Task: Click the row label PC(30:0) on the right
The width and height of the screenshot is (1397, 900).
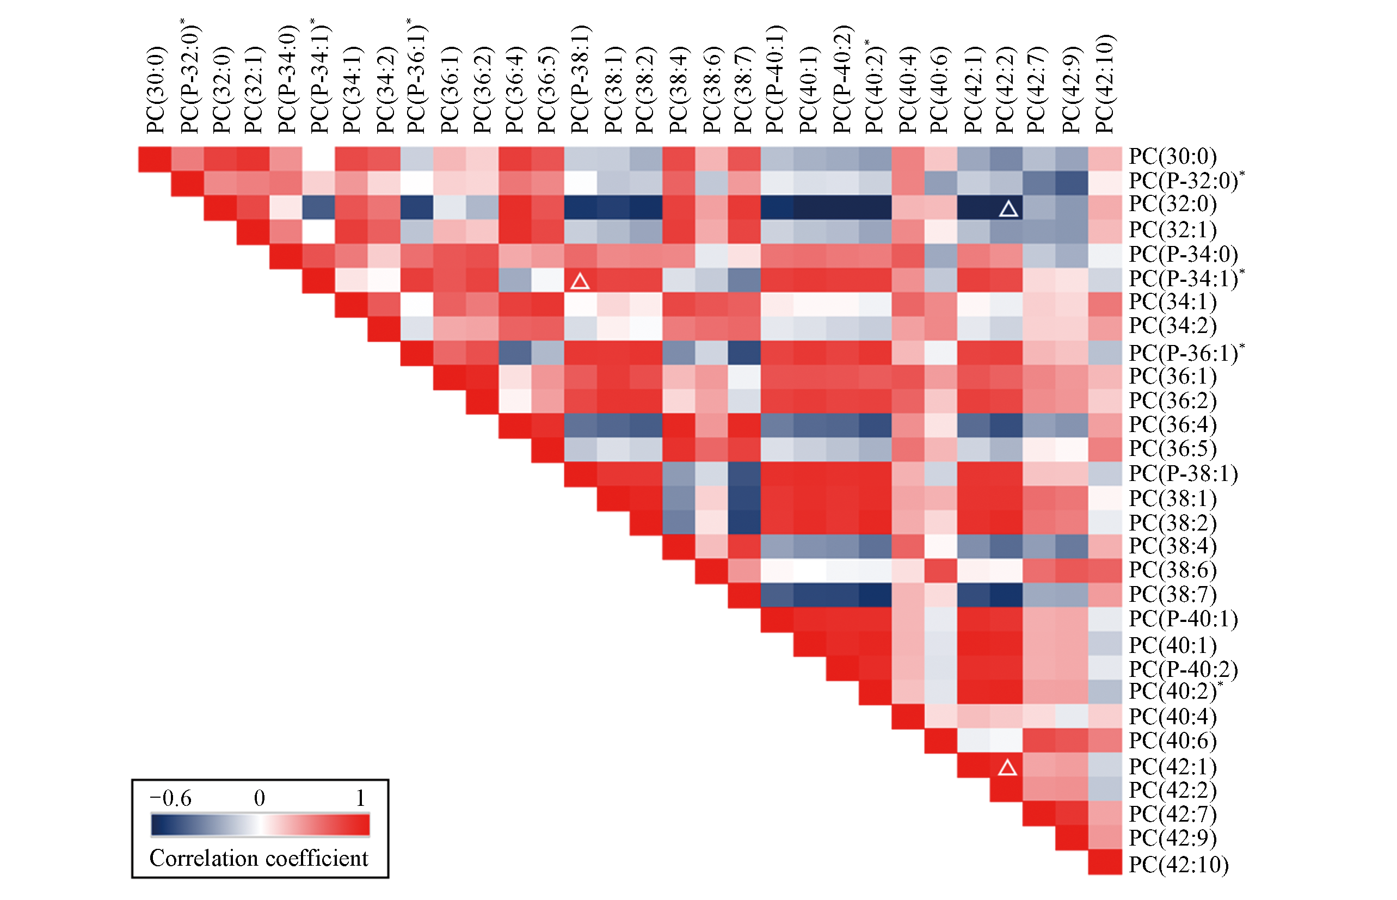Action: coord(1171,157)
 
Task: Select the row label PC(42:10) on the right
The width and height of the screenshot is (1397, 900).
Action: coord(1178,864)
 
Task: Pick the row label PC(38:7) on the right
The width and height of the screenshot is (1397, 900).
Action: coord(1171,594)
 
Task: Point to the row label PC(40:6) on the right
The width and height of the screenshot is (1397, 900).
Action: coord(1171,741)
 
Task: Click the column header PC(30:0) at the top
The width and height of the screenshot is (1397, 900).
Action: coord(156,90)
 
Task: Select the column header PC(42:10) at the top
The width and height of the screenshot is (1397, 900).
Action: coord(1105,85)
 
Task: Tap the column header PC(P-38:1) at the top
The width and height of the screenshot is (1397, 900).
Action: coord(579,80)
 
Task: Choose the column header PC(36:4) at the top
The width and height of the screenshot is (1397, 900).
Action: coord(514,90)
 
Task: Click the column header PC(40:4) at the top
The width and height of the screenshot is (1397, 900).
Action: coord(907,90)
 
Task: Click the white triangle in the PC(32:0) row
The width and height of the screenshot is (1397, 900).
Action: coord(1008,208)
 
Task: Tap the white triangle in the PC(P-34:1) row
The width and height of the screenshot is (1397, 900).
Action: coord(579,281)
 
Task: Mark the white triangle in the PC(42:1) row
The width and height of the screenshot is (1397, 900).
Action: coord(1007,767)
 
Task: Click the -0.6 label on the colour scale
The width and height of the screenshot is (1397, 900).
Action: coord(170,798)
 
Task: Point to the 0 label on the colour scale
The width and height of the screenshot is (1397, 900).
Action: coord(259,798)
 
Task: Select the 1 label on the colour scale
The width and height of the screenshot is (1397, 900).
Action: coord(360,798)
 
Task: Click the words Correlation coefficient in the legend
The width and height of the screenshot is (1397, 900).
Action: coord(259,858)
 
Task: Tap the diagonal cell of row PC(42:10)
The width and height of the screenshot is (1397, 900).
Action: coord(1104,862)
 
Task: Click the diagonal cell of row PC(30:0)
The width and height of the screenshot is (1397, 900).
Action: coord(155,159)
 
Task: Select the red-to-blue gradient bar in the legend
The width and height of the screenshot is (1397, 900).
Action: coord(260,824)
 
